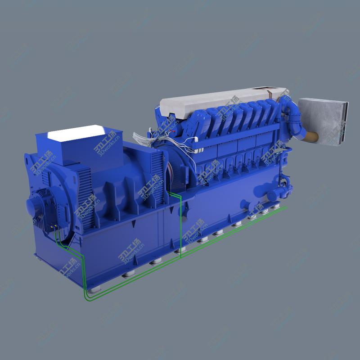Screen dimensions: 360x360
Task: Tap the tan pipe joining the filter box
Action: [310, 137]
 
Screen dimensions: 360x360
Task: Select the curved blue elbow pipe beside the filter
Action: [292, 117]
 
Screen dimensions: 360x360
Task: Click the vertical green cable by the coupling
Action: [181, 225]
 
